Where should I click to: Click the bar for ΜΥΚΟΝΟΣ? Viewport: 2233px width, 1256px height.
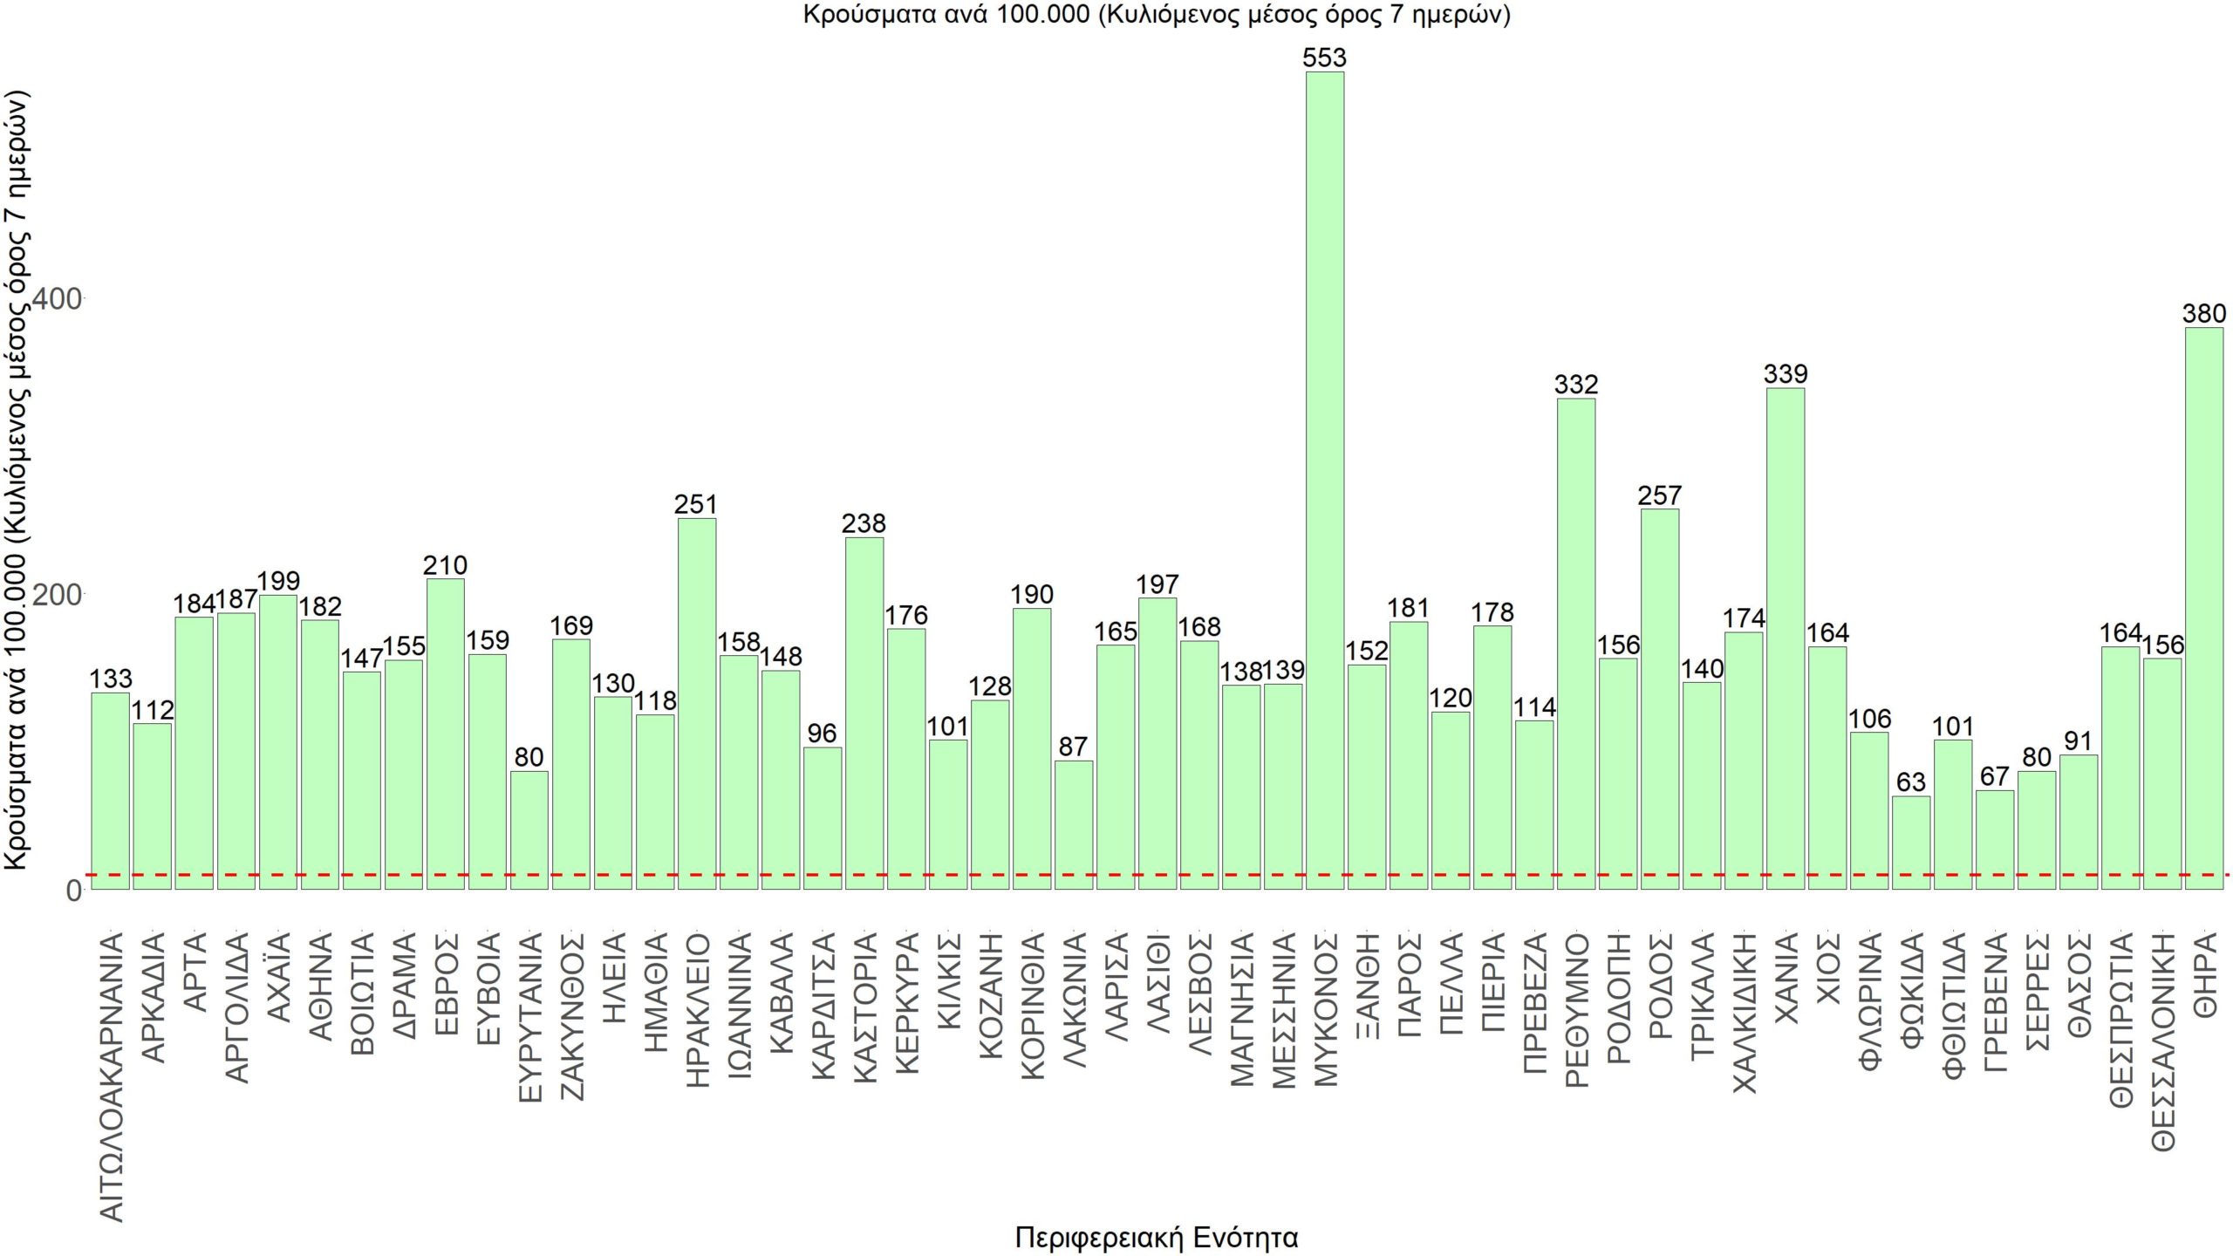pyautogui.click(x=1324, y=480)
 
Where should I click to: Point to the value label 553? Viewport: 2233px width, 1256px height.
pyautogui.click(x=1324, y=58)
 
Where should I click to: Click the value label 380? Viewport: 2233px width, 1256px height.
pyautogui.click(x=2203, y=313)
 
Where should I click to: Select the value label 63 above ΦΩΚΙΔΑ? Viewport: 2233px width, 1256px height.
pyautogui.click(x=1910, y=782)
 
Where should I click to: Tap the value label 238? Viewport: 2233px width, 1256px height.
pyautogui.click(x=864, y=523)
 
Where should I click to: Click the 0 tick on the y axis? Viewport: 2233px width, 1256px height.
pyautogui.click(x=73, y=891)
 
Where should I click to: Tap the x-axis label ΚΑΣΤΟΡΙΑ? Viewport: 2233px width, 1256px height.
pyautogui.click(x=864, y=1008)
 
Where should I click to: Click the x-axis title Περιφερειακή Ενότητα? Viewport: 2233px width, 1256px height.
pyautogui.click(x=1157, y=1237)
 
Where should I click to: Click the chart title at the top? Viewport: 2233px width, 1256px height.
pyautogui.click(x=1157, y=15)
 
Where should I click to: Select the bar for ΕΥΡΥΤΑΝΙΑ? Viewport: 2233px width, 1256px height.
pyautogui.click(x=529, y=829)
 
